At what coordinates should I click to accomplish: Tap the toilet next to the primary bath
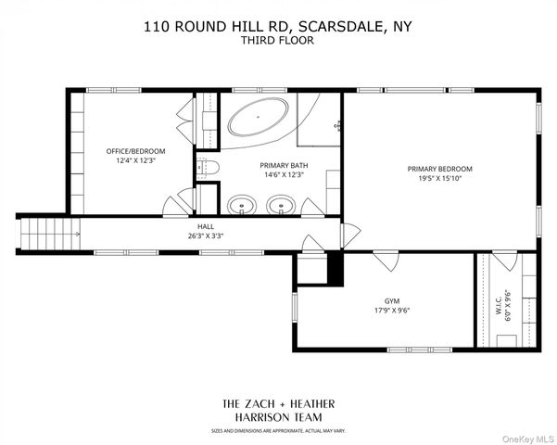(x=210, y=169)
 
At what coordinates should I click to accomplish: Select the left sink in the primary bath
(x=242, y=206)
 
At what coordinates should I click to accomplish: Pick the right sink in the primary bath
(x=281, y=206)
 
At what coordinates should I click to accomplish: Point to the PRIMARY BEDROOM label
(x=439, y=169)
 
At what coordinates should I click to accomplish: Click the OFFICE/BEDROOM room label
(x=134, y=151)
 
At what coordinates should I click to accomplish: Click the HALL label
(x=205, y=226)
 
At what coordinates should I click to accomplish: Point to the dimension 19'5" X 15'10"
(x=439, y=179)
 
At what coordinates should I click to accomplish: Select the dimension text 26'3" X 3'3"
(x=205, y=235)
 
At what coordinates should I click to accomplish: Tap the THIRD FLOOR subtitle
(x=278, y=41)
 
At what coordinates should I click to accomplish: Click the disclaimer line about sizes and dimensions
(x=278, y=430)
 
